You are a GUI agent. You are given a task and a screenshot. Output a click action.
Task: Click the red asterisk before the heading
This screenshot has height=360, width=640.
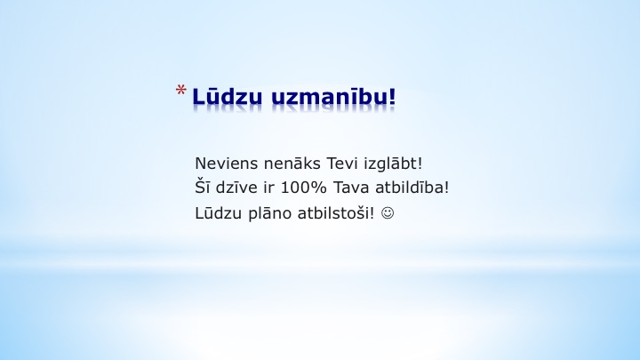181,90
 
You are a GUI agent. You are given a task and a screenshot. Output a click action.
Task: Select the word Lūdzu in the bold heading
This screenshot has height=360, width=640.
227,96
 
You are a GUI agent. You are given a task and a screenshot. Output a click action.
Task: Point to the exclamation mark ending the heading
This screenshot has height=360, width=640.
392,96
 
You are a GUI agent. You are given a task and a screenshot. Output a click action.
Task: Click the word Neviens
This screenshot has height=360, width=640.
227,164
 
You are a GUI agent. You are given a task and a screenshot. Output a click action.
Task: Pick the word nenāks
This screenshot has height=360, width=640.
292,164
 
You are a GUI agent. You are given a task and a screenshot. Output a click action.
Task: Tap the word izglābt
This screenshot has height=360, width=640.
390,164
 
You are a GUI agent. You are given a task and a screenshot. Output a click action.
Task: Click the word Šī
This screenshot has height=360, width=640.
202,187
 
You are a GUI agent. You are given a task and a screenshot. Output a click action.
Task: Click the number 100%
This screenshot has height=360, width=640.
304,188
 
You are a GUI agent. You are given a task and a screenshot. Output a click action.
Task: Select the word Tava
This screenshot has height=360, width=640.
351,188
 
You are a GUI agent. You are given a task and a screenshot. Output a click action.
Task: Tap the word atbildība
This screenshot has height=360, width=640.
410,188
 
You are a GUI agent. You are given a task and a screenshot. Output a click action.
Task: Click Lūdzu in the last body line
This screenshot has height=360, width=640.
219,212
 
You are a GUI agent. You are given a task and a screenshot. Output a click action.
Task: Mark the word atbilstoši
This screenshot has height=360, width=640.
333,212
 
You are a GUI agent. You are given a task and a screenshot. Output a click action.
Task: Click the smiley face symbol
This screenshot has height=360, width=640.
388,213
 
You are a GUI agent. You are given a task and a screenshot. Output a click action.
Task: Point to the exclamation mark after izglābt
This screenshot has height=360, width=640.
420,164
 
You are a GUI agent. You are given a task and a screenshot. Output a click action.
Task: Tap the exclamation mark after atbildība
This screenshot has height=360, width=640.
446,188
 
